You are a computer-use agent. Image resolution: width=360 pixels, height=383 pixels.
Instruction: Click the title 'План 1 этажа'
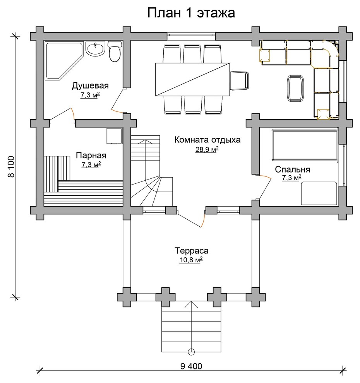click(191, 13)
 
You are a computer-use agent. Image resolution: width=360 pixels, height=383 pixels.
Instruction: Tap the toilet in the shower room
click(114, 51)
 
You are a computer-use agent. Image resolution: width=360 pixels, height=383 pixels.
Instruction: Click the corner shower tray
click(64, 61)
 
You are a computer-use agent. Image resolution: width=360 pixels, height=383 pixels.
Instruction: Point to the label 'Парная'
click(91, 156)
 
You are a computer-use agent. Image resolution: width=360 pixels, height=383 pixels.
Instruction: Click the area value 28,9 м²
click(207, 149)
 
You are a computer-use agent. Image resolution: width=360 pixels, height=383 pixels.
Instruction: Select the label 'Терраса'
click(191, 251)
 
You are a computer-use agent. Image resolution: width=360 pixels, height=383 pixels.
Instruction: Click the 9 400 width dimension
click(191, 366)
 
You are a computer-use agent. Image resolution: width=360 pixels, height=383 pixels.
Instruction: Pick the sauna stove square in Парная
click(114, 136)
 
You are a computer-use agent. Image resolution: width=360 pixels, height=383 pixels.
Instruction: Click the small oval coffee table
click(296, 88)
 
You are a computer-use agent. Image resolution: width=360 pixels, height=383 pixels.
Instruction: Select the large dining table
click(193, 79)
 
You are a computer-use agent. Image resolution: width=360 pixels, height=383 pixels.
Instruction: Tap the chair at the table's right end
click(240, 80)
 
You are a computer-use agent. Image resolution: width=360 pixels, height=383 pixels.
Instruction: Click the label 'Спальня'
click(292, 169)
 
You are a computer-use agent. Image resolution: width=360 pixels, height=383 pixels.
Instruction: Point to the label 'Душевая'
click(90, 85)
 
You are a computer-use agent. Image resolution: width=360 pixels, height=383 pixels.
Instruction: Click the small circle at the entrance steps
click(191, 352)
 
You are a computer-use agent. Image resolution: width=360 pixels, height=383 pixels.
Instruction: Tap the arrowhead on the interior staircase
click(145, 141)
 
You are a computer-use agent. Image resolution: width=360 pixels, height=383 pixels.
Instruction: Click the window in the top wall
click(191, 36)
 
